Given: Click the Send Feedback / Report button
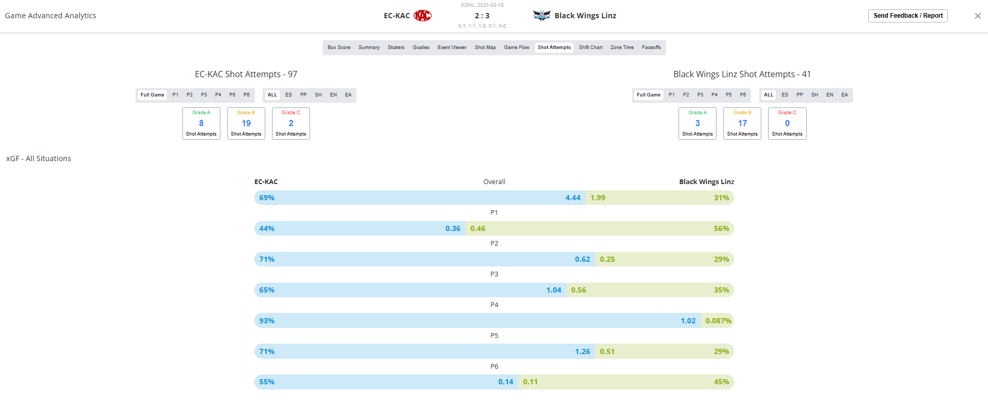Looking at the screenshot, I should [x=908, y=16].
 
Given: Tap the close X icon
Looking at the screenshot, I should [x=978, y=16].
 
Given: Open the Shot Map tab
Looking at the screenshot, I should [x=485, y=47].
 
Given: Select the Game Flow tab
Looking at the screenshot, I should [x=516, y=47].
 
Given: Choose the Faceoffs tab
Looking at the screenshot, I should [x=651, y=47].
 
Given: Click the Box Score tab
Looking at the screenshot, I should [x=339, y=47].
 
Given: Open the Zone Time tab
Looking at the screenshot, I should [x=622, y=47].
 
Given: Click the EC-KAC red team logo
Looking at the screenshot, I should [x=423, y=16].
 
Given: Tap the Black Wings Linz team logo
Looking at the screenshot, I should [x=542, y=16].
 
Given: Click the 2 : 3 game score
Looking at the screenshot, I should [x=482, y=16].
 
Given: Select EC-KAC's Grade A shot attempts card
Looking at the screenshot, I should [x=201, y=124].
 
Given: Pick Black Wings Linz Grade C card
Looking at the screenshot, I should [x=787, y=124].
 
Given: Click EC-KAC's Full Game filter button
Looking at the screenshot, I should [x=152, y=95].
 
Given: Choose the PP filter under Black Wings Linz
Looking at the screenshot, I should [x=800, y=95].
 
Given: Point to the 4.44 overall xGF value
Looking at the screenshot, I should [x=573, y=198].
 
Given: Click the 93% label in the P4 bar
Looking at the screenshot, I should [x=267, y=321].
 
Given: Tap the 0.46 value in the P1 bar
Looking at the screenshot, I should [x=478, y=228].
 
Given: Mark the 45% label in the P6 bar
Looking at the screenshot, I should [x=721, y=382].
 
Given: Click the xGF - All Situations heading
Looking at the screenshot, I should [x=39, y=159].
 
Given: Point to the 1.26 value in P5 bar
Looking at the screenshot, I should [x=583, y=351].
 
